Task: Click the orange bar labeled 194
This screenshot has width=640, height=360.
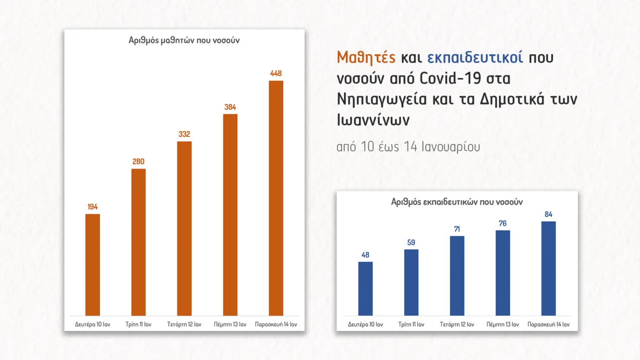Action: pos(92,265)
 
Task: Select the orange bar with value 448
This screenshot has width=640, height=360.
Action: pos(276,198)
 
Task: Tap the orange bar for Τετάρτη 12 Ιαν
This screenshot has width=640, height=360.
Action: pos(184,229)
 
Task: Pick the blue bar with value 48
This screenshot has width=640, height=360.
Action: pos(365,289)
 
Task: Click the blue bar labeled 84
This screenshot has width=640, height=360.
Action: pos(548,269)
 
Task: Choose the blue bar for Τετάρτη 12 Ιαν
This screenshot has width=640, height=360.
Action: pos(457,276)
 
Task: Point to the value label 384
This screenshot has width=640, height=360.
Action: pos(230,107)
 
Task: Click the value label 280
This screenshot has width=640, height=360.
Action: pos(139,162)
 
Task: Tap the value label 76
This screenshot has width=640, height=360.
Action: pos(502,223)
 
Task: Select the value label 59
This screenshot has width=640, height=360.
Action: pos(411,243)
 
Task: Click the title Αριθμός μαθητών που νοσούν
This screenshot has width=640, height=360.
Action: pos(184,40)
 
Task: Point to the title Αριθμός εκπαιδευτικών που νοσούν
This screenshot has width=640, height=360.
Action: pos(457,202)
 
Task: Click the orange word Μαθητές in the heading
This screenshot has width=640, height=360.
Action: pos(366,58)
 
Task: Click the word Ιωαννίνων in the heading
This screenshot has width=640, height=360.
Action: pos(373,119)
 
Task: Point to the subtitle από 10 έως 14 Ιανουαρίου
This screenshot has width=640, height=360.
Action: pos(408,147)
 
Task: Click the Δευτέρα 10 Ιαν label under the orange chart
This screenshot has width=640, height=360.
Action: pos(93,324)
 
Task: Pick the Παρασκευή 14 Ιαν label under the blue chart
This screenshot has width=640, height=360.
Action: pos(549,324)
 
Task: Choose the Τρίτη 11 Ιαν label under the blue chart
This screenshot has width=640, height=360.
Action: pos(411,324)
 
